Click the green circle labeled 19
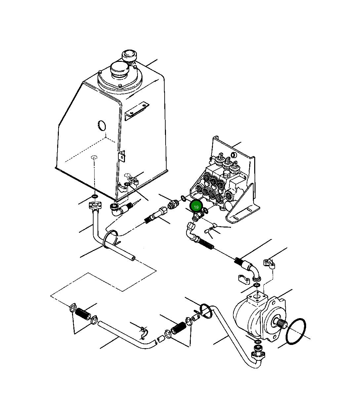196,207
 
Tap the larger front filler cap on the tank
119,70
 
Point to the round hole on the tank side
102,126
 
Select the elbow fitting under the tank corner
120,210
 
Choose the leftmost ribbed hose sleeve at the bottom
82,314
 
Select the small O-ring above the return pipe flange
94,197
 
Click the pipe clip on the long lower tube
143,333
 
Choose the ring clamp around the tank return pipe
111,239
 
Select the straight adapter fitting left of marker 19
172,204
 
